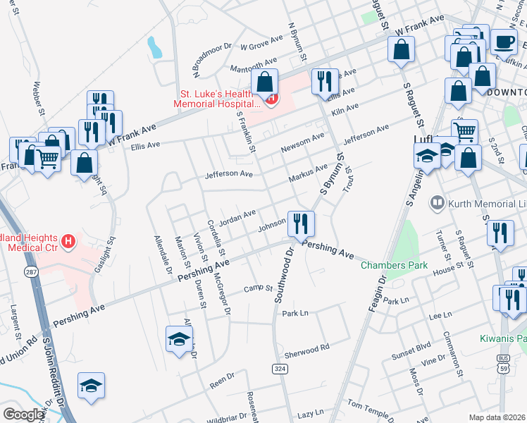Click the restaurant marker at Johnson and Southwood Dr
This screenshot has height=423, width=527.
301,223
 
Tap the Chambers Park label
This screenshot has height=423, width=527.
395,266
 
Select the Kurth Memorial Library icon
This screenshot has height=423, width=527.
437,204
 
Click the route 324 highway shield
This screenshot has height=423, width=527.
279,368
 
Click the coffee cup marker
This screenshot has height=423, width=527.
504,41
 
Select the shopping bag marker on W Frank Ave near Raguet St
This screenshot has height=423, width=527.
401,49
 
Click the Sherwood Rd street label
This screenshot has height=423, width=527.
306,348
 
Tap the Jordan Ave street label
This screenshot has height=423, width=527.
237,216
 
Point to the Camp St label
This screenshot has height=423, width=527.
258,288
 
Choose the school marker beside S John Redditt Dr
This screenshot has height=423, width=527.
91,385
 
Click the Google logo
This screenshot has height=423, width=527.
23,415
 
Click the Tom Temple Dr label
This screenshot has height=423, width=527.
373,407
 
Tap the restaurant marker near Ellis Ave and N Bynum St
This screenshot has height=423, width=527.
324,82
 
